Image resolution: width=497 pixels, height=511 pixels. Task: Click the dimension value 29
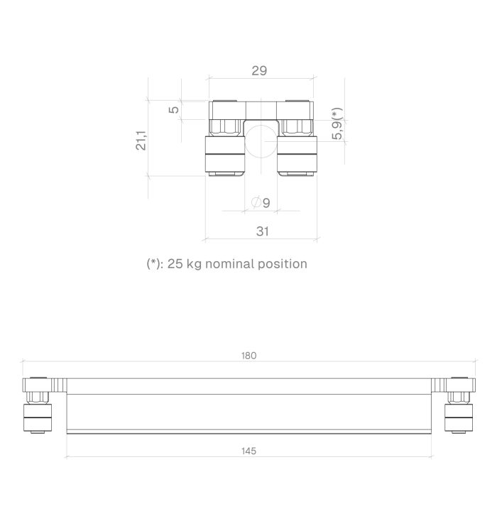coord(259,70)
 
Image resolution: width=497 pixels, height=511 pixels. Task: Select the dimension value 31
coord(263,231)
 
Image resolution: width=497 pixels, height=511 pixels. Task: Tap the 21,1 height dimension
coord(141,141)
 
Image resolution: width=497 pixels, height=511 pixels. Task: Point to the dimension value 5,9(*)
coord(337,123)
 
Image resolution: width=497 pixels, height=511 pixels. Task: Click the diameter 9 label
coord(261,203)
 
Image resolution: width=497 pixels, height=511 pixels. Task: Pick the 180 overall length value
coord(248,356)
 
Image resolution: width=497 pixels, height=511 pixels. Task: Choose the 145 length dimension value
coord(248,451)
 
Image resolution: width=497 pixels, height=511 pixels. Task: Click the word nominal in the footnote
coord(229,263)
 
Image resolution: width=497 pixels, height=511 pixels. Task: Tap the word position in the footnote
coord(283,264)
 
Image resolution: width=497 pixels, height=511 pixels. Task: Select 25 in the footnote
coord(175,263)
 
